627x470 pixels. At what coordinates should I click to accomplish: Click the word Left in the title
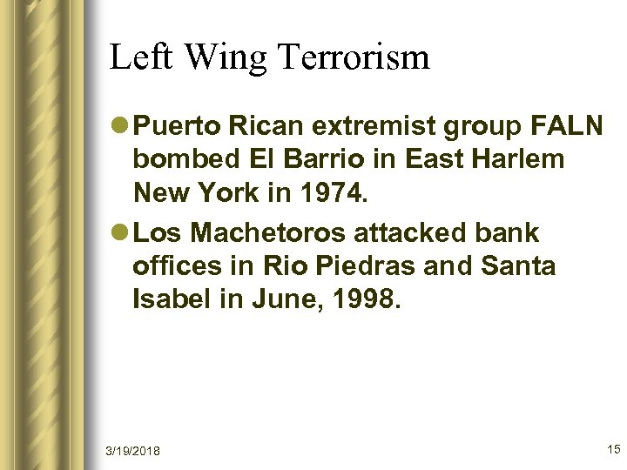pos(136,57)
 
